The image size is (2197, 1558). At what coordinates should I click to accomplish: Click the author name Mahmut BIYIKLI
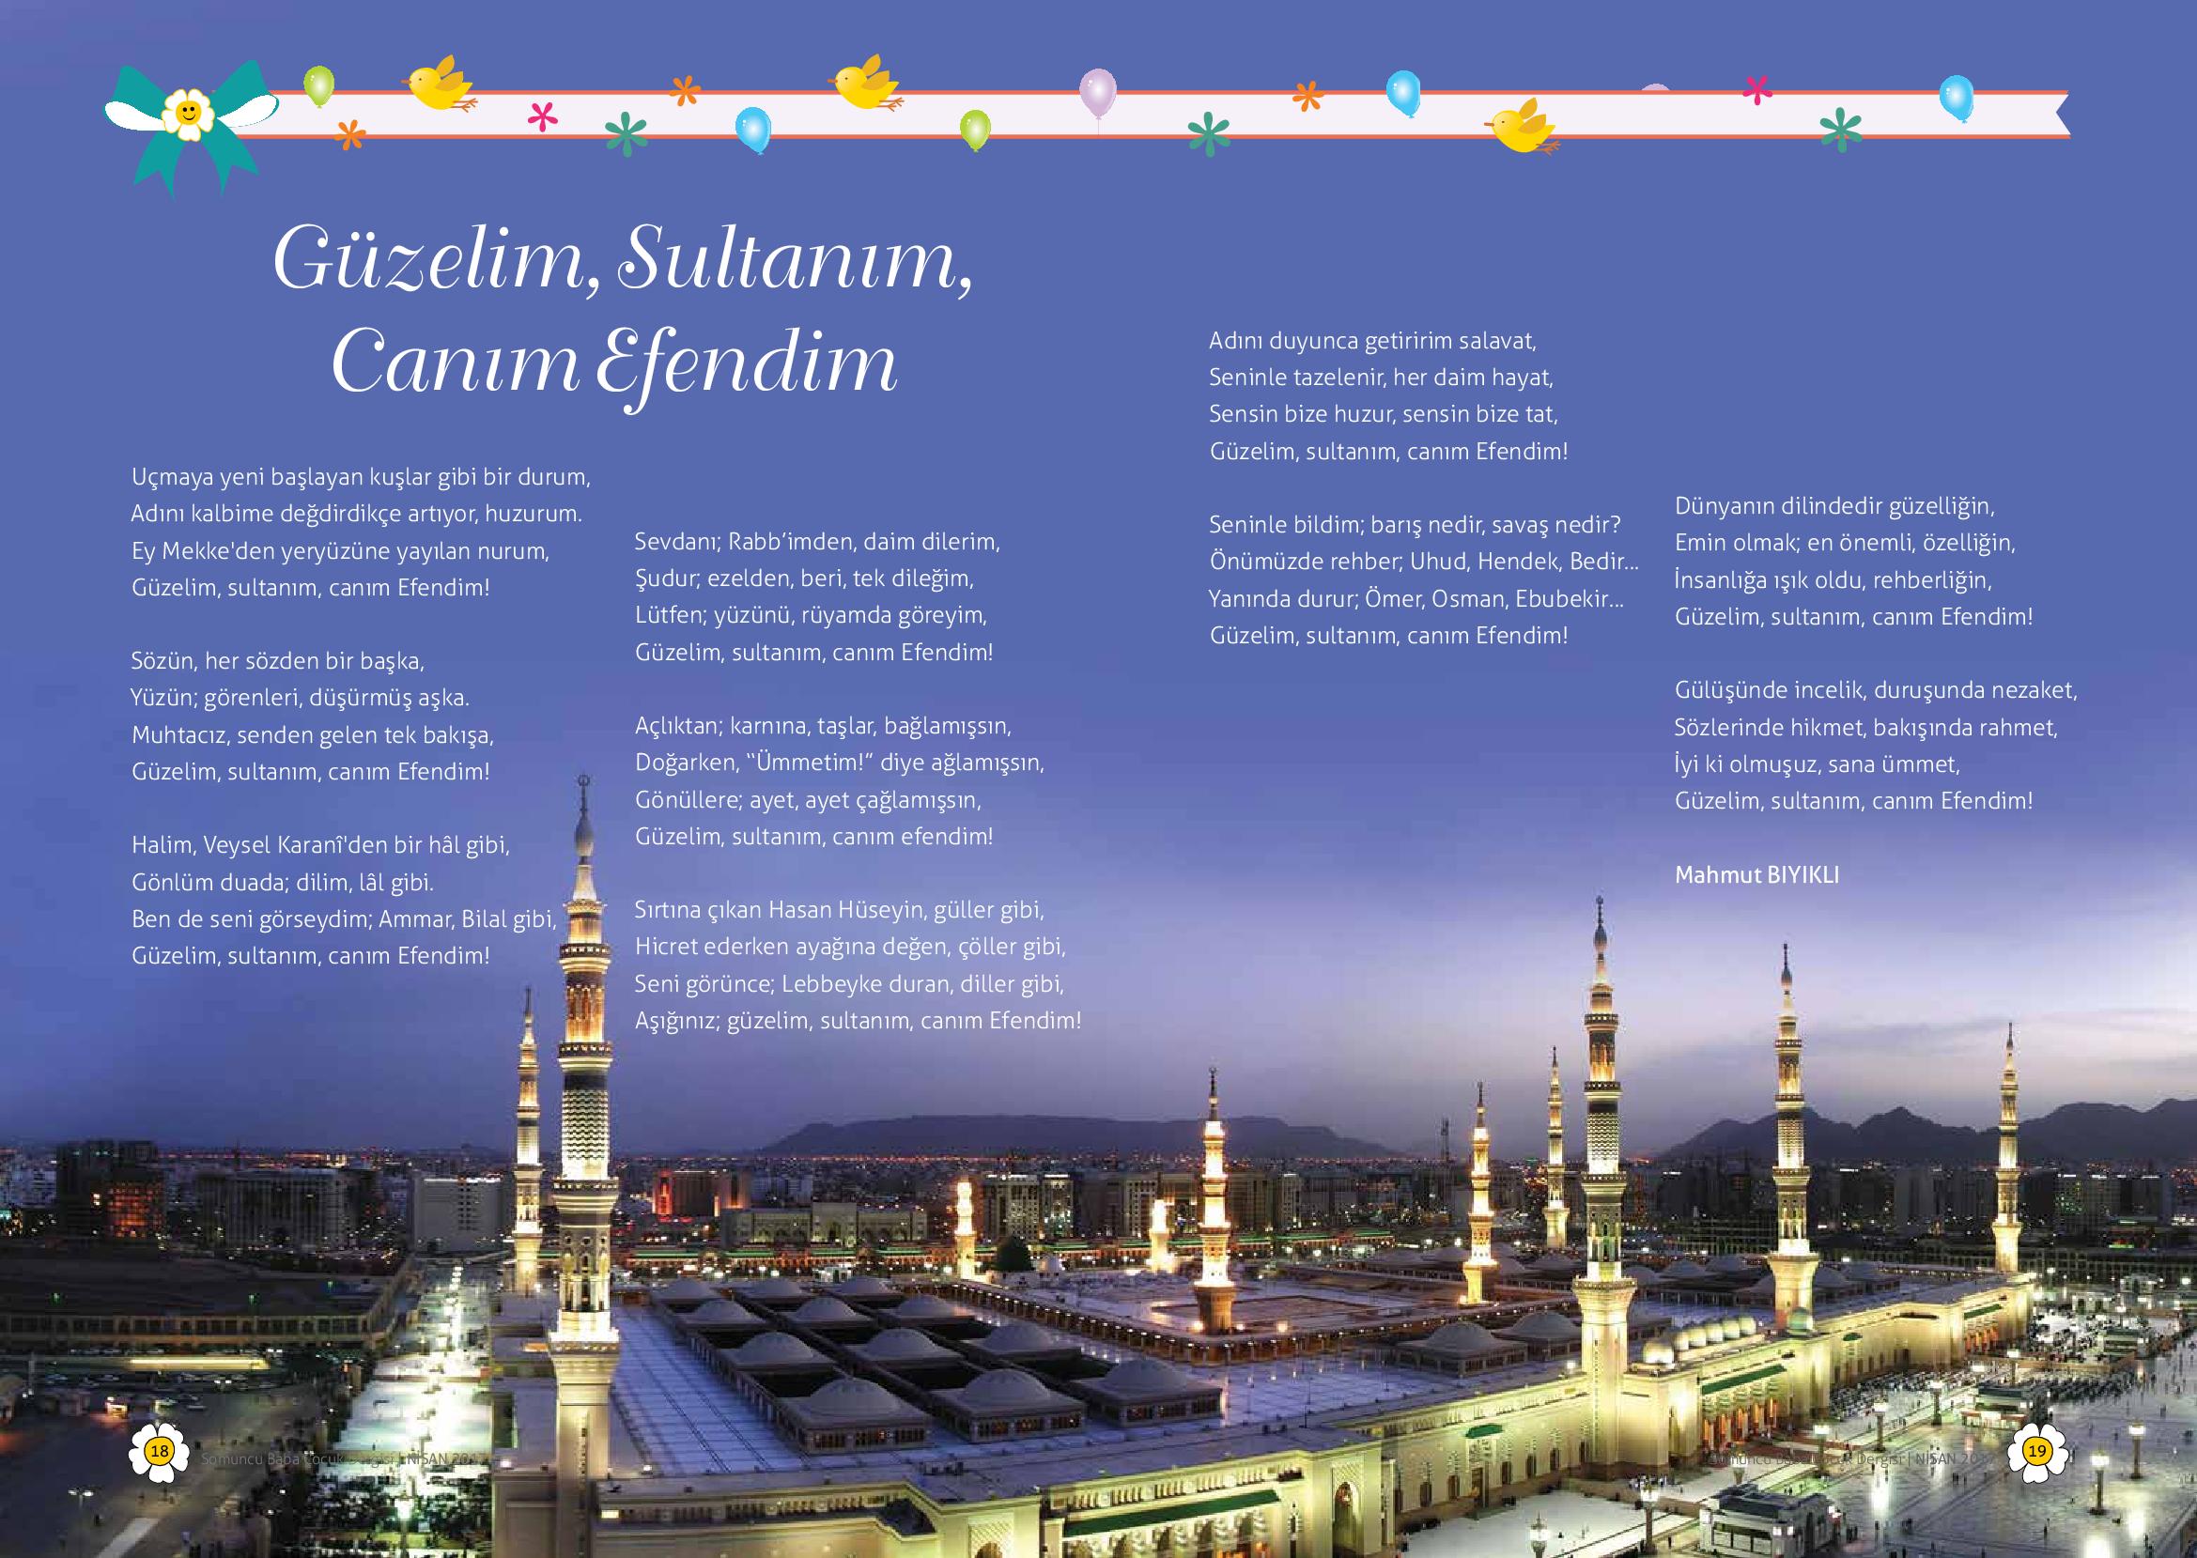[x=1756, y=875]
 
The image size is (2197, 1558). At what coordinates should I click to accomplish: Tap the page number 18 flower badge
[x=160, y=1452]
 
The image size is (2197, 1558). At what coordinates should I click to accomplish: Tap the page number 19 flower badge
[x=2036, y=1452]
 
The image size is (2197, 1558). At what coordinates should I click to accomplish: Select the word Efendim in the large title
[x=747, y=366]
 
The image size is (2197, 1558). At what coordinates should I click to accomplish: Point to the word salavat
[x=1497, y=341]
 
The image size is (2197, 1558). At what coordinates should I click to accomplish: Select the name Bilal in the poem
[x=485, y=919]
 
